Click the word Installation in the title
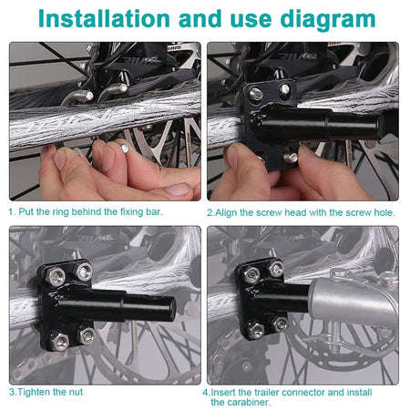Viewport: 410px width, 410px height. [x=104, y=19]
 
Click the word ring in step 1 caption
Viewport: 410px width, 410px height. [x=60, y=212]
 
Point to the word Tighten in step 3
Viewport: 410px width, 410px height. [x=34, y=392]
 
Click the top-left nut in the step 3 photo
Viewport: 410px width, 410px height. [x=56, y=276]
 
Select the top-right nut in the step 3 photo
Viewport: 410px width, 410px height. [x=84, y=272]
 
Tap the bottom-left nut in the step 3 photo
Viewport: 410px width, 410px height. [x=59, y=342]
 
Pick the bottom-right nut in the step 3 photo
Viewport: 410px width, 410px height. [x=87, y=335]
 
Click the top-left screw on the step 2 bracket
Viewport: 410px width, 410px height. [x=256, y=94]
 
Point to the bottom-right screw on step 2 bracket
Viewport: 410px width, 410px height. [x=291, y=157]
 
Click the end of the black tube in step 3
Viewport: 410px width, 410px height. [x=172, y=308]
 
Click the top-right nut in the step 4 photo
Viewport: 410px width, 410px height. [x=276, y=269]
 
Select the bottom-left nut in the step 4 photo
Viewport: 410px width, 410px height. [x=255, y=330]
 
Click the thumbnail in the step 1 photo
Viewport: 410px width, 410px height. [x=178, y=190]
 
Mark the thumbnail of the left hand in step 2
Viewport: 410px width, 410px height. [x=232, y=157]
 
